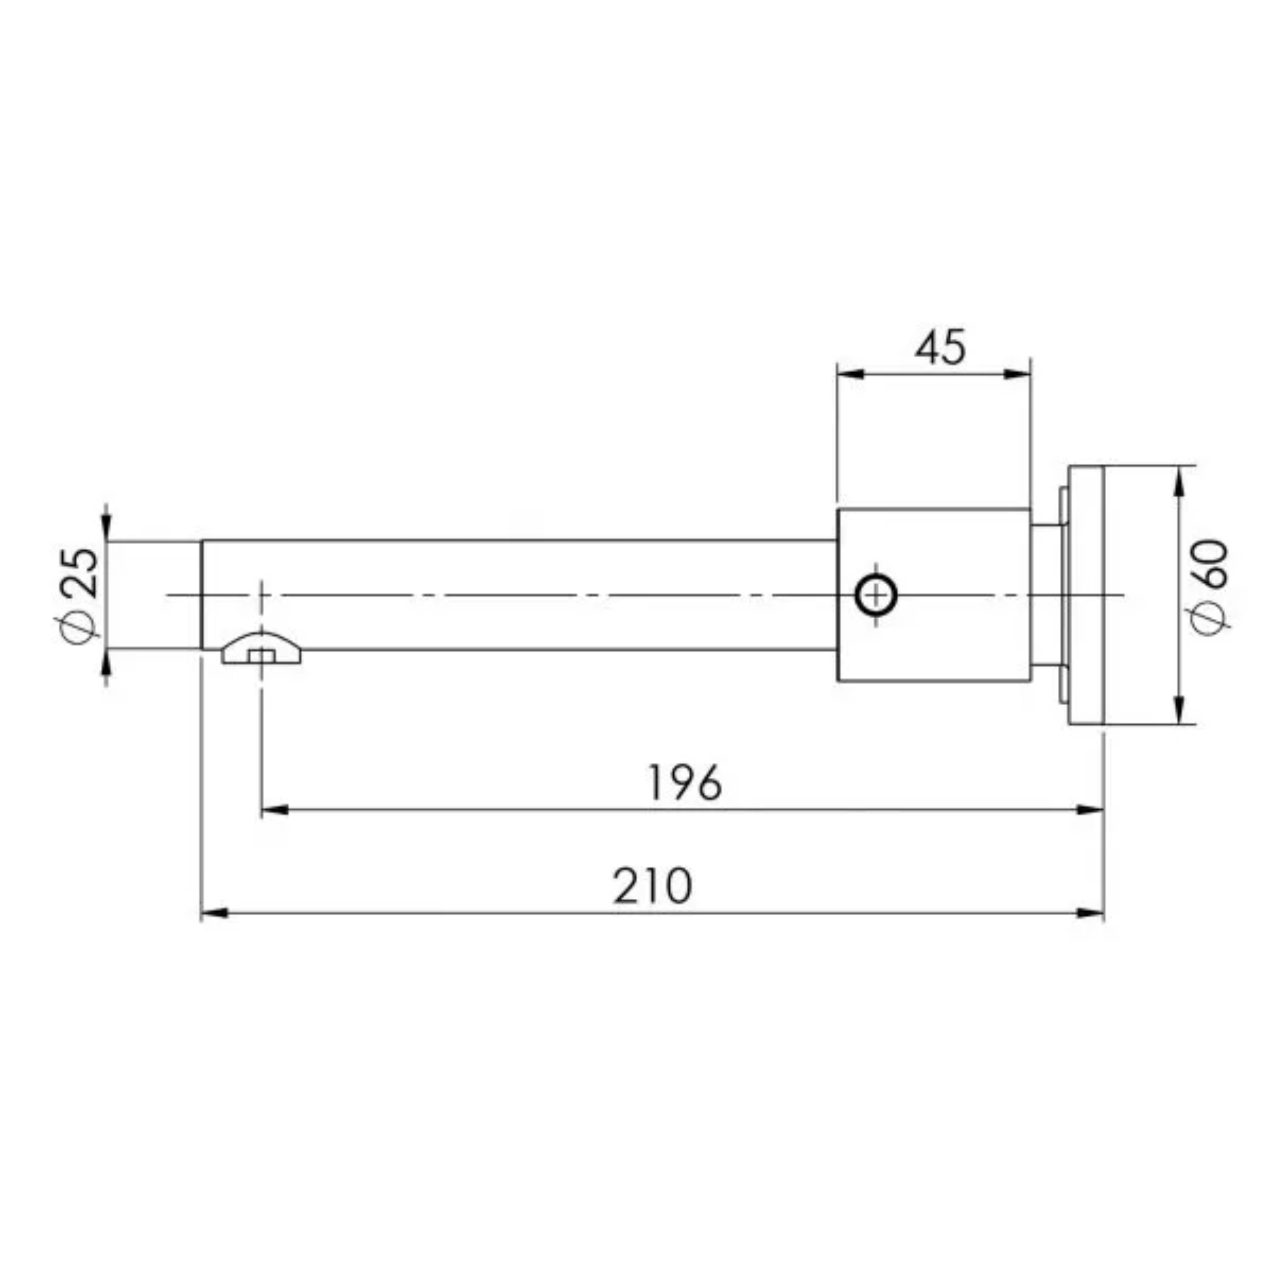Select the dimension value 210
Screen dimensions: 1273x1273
pos(653,886)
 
